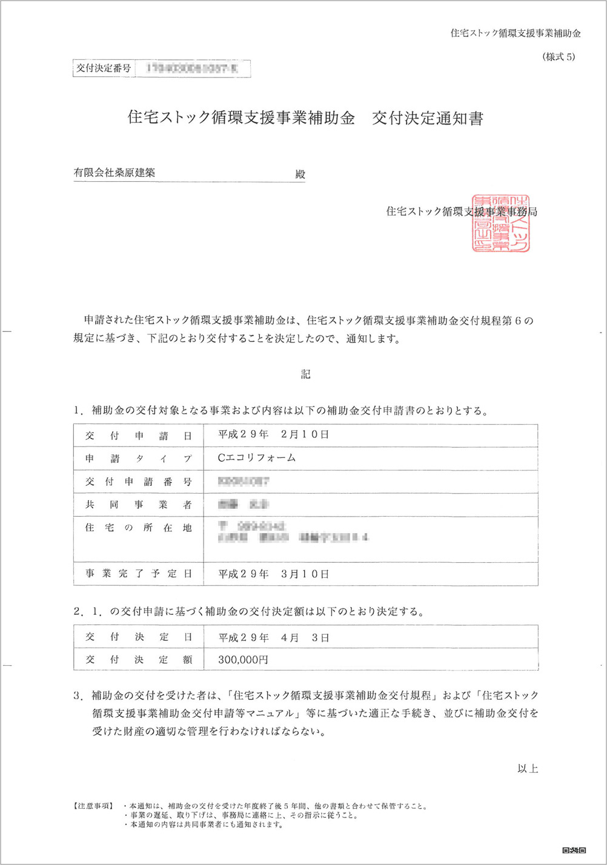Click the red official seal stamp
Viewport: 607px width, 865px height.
(x=501, y=224)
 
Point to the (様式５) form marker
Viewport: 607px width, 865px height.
(x=559, y=57)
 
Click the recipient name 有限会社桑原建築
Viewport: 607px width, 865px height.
(x=114, y=173)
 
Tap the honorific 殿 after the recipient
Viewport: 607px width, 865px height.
(x=300, y=174)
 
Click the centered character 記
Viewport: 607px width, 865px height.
(x=305, y=374)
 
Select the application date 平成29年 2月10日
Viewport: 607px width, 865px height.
(x=273, y=435)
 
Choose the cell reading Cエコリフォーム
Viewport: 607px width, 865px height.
(x=257, y=458)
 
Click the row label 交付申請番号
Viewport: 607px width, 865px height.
(x=139, y=482)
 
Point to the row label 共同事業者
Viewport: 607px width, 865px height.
(x=139, y=505)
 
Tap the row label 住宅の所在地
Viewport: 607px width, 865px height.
(x=139, y=528)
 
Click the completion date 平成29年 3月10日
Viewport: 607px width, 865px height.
(x=273, y=574)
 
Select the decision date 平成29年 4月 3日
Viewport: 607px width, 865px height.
(x=273, y=637)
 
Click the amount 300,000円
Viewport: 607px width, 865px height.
(x=243, y=660)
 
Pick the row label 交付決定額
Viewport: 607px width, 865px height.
(x=139, y=660)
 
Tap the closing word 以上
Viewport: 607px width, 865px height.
(x=528, y=769)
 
